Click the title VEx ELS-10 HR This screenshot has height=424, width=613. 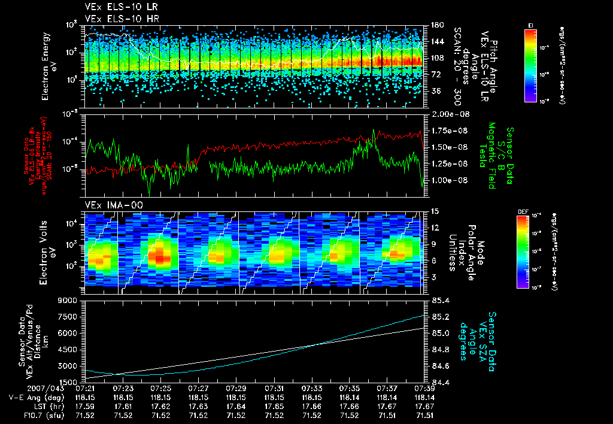[x=118, y=19]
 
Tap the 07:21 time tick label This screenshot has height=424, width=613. [x=86, y=388]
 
